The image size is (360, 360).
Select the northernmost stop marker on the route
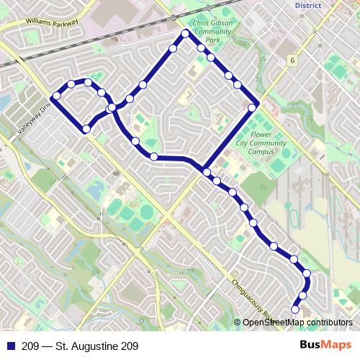(x=185, y=34)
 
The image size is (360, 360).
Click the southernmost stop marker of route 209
(x=294, y=310)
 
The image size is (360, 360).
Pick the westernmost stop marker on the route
(x=56, y=96)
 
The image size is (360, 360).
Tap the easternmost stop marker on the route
(x=307, y=273)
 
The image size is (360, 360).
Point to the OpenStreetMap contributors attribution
(x=296, y=322)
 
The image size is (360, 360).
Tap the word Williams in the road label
(x=40, y=23)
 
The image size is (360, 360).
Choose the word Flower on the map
(x=259, y=133)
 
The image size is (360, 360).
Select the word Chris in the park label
(x=204, y=23)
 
